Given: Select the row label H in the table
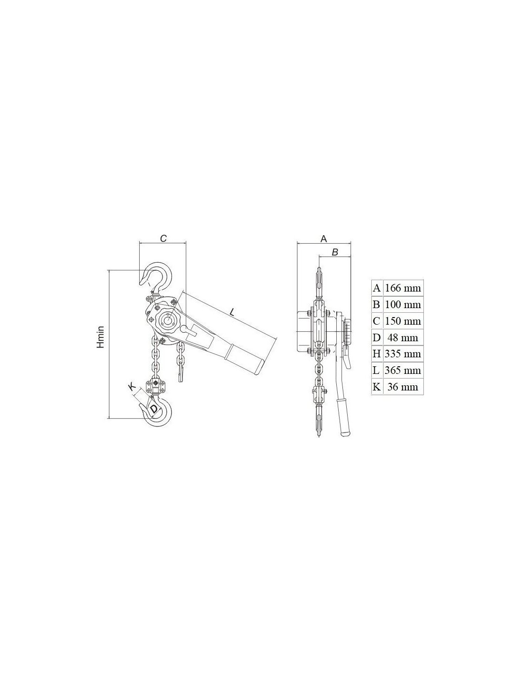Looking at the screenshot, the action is pos(377,354).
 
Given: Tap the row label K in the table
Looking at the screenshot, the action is pos(377,387).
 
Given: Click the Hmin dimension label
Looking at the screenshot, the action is pos(100,336).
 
